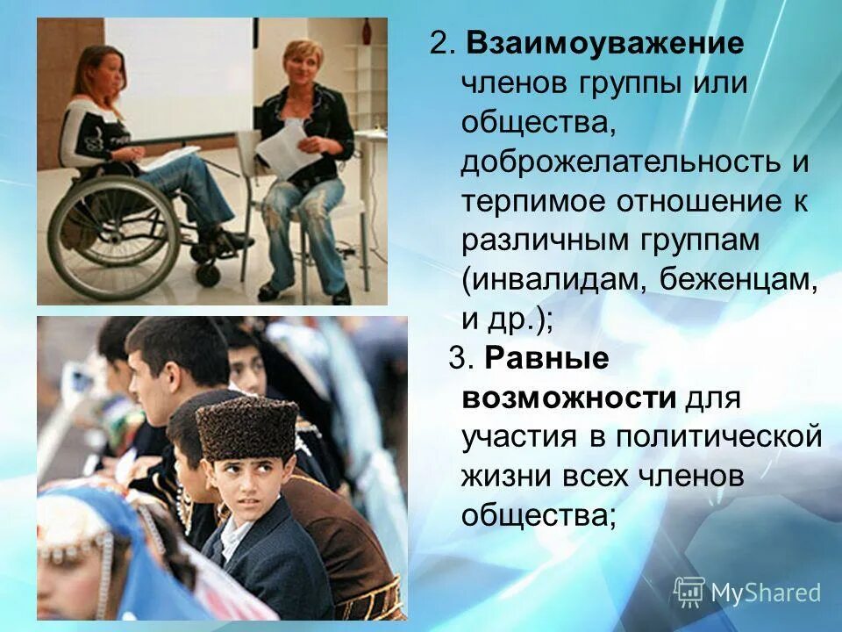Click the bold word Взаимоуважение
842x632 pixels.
605,44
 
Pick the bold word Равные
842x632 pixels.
536,359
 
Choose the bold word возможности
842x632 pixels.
569,399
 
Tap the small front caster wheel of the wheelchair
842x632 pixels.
208,272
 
